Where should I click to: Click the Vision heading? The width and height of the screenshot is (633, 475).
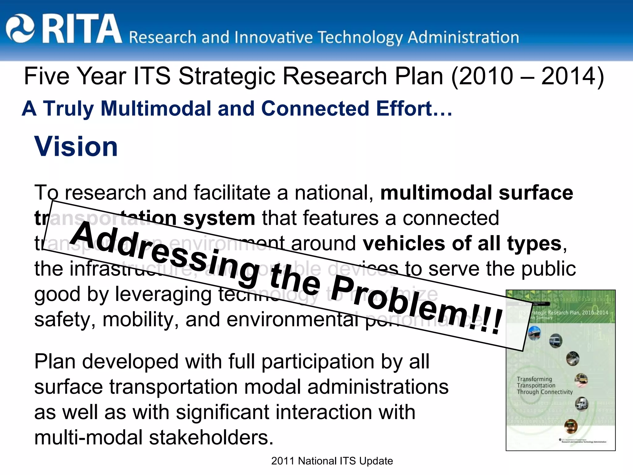[x=76, y=147]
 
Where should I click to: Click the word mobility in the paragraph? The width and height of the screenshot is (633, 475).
[x=141, y=319]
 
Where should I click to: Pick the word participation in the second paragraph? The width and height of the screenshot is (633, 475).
[x=318, y=362]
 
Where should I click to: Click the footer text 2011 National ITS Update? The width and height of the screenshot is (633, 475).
[x=332, y=461]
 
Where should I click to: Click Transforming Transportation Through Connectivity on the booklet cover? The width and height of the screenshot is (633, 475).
[x=544, y=385]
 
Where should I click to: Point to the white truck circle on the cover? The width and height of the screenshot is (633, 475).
[x=581, y=404]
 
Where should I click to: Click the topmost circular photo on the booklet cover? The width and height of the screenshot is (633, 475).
[x=534, y=333]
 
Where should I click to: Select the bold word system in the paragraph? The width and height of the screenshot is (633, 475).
[x=219, y=218]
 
